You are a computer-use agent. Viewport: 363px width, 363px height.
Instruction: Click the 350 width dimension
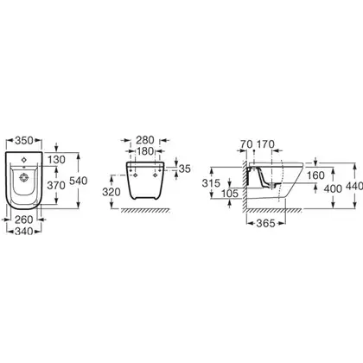pyautogui.click(x=24, y=141)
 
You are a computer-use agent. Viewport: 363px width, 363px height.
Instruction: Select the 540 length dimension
pyautogui.click(x=79, y=181)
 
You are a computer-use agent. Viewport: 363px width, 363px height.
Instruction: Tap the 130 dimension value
pyautogui.click(x=57, y=160)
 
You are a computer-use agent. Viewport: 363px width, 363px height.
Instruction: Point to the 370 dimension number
pyautogui.click(x=56, y=186)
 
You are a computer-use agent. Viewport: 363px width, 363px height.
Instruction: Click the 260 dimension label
pyautogui.click(x=24, y=220)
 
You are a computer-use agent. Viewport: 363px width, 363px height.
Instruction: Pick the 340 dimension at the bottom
pyautogui.click(x=24, y=231)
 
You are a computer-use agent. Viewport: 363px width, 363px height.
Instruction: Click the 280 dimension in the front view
pyautogui.click(x=145, y=140)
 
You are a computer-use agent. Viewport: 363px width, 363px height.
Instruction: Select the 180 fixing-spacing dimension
pyautogui.click(x=145, y=151)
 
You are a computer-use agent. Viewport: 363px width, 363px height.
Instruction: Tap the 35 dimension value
pyautogui.click(x=185, y=169)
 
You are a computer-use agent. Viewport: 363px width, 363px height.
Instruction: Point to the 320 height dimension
pyautogui.click(x=111, y=192)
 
